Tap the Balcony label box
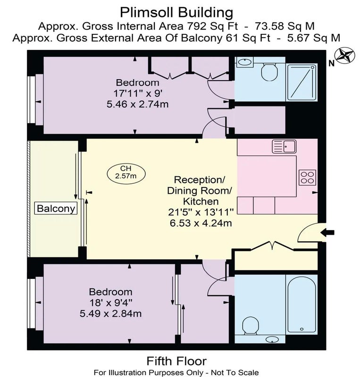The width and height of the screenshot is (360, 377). click(56, 208)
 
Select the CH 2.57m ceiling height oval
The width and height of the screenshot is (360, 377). click(126, 172)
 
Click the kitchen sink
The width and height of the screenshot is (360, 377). click(284, 147)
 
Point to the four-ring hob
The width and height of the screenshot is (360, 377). click(307, 178)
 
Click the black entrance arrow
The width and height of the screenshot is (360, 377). click(327, 232)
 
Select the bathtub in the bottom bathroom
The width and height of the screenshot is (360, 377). click(301, 305)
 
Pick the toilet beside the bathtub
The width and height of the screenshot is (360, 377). click(251, 326)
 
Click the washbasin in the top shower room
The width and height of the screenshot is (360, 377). click(244, 62)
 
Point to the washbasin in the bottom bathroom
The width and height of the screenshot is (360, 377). click(272, 339)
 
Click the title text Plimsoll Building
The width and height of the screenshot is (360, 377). click(176, 13)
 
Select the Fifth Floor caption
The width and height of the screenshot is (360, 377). click(176, 361)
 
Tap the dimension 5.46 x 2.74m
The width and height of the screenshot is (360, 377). click(137, 104)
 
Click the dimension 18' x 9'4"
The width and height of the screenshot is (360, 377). click(111, 303)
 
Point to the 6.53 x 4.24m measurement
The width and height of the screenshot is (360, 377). click(201, 223)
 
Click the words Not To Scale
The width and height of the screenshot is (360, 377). click(235, 373)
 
